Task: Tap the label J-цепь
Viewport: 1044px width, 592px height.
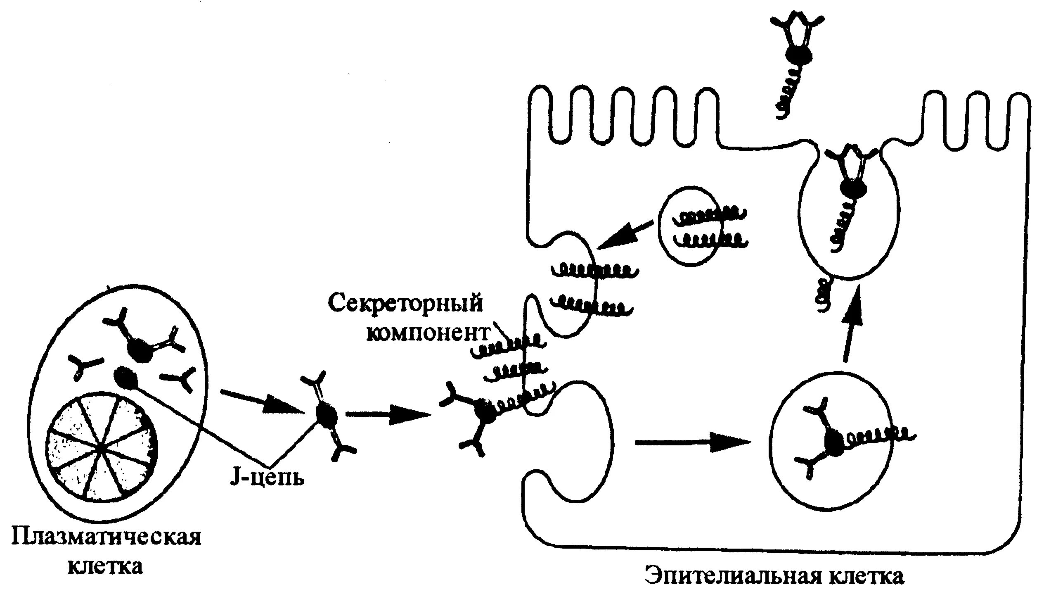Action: click(x=267, y=478)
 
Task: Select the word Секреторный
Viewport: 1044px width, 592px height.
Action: click(x=405, y=303)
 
